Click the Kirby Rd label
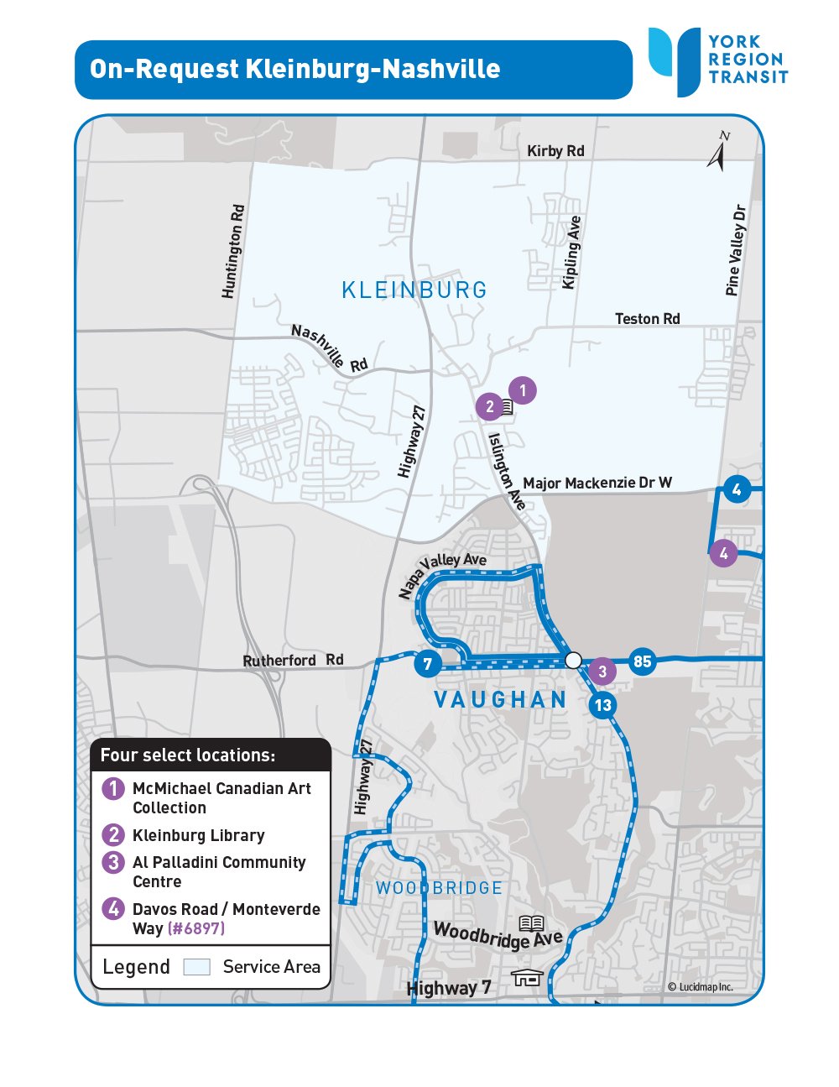[555, 151]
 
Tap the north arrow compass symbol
[717, 153]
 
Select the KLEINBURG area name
[414, 290]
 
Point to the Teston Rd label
[647, 319]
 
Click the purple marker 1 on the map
[523, 390]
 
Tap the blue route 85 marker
[642, 661]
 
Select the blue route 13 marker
[602, 705]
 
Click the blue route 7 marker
[427, 665]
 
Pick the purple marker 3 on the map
[602, 672]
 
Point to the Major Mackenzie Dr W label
[597, 483]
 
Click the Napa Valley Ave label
[442, 575]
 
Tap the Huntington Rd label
[233, 251]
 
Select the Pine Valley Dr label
[736, 250]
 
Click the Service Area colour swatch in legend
[196, 967]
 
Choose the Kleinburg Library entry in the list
[198, 835]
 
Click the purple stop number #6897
[196, 928]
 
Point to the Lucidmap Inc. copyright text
[700, 987]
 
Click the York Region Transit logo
[717, 60]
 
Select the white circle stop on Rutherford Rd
[573, 661]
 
